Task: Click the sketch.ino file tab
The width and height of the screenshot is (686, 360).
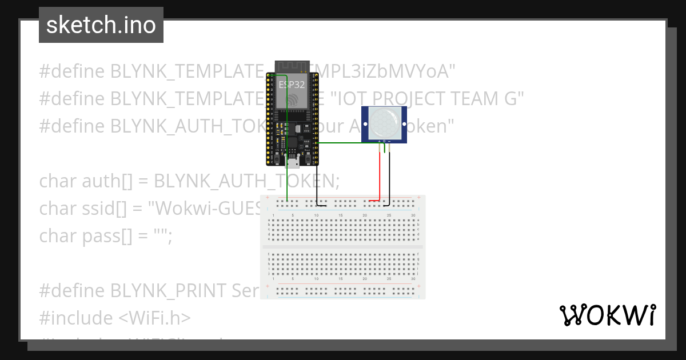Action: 101,25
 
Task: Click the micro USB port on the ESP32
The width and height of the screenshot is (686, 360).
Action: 293,162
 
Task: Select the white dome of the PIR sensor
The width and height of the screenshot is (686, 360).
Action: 384,123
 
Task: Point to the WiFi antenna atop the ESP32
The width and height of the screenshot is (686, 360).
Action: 293,67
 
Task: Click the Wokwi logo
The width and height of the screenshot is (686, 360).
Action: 607,315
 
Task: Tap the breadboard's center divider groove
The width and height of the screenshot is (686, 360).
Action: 343,246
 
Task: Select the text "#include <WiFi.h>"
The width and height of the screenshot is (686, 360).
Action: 115,318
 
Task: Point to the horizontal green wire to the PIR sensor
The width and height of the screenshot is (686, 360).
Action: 343,143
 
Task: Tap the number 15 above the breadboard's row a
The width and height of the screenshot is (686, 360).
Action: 341,215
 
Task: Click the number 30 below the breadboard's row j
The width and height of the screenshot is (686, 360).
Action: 413,278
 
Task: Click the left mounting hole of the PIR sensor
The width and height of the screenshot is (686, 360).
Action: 366,123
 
